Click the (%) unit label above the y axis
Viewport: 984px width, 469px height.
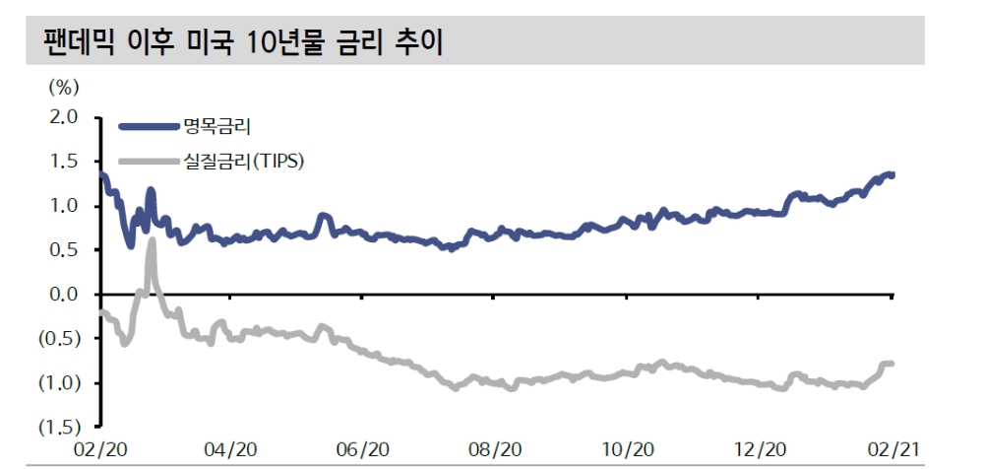[62, 87]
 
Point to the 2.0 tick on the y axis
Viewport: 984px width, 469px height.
[63, 117]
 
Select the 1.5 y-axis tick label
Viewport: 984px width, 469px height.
[63, 162]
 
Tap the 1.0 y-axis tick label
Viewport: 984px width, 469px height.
[63, 206]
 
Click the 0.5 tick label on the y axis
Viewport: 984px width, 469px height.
[63, 250]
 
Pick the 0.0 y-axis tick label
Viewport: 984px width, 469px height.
[63, 295]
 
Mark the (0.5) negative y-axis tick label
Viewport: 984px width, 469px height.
[58, 339]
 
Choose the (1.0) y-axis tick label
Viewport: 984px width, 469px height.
[58, 383]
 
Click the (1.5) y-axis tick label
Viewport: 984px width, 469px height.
[58, 428]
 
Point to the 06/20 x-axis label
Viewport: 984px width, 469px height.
[362, 449]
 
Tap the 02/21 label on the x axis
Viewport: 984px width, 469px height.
[890, 449]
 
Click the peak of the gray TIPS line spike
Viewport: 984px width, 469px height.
[153, 240]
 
